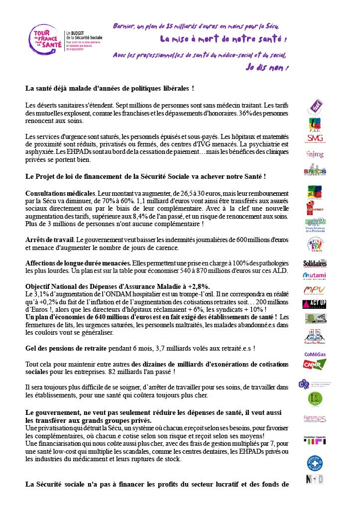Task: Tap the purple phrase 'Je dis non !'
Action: coord(267,67)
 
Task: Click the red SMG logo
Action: coord(315,138)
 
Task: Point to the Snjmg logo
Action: coord(315,154)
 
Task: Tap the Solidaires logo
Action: coord(315,263)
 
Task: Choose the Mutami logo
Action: coord(315,276)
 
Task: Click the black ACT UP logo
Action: coord(315,304)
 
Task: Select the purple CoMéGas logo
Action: coord(315,355)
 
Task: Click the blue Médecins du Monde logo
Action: coord(315,463)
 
